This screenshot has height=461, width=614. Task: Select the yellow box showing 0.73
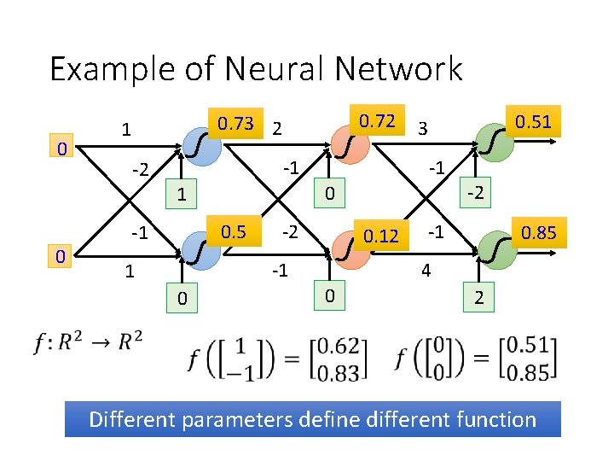(235, 123)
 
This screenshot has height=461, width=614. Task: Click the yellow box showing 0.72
(377, 121)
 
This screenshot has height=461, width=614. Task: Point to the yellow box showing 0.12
(381, 235)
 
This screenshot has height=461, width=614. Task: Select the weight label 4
(424, 271)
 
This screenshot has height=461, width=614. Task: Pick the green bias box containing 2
(479, 298)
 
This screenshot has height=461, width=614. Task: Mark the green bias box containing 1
(181, 195)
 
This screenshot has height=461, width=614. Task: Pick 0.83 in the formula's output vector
(345, 369)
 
